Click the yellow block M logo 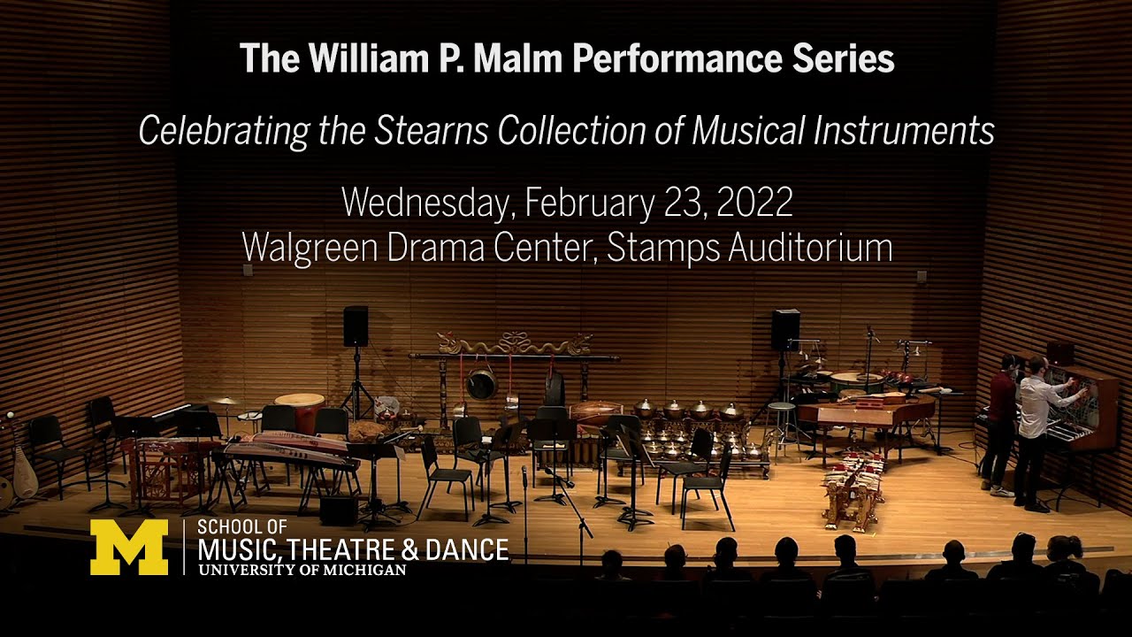128,547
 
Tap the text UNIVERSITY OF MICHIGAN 302,571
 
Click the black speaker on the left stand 356,326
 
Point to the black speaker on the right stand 785,329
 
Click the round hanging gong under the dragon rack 481,385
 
